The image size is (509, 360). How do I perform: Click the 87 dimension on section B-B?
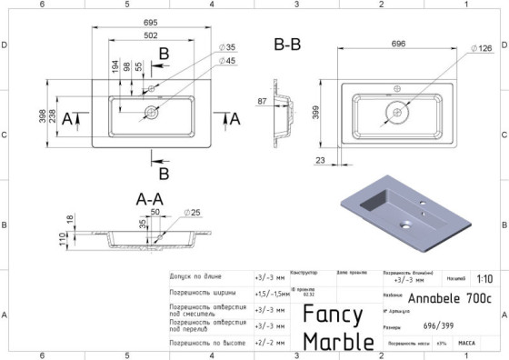coord(263,102)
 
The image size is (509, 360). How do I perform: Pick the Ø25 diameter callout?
coord(192,212)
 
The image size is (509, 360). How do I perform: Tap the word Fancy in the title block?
coord(333,315)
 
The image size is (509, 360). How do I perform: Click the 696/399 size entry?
coord(437,325)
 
